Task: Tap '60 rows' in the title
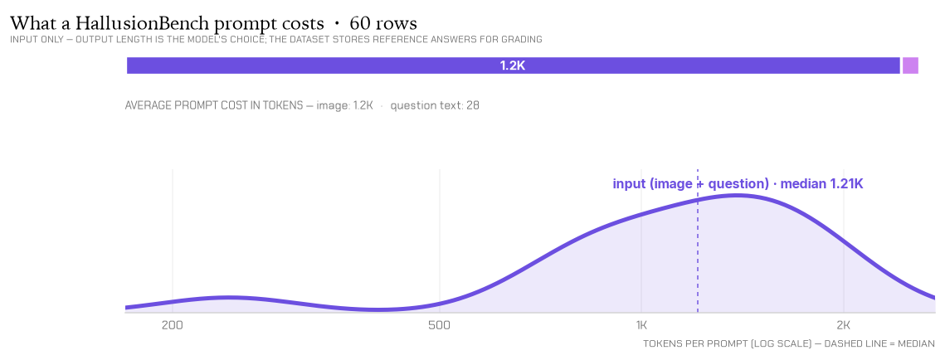click(383, 23)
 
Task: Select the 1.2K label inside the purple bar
click(513, 66)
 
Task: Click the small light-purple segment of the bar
click(910, 66)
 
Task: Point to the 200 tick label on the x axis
click(173, 326)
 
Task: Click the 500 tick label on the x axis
click(440, 326)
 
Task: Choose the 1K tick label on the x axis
click(641, 326)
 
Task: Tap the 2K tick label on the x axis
click(844, 326)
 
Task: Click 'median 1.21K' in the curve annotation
click(821, 183)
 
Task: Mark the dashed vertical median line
click(697, 241)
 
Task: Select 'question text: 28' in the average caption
click(435, 105)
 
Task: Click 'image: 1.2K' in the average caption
click(345, 105)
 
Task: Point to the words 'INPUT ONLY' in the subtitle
click(32, 40)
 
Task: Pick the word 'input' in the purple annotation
click(629, 184)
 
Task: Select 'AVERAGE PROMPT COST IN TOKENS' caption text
click(213, 105)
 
